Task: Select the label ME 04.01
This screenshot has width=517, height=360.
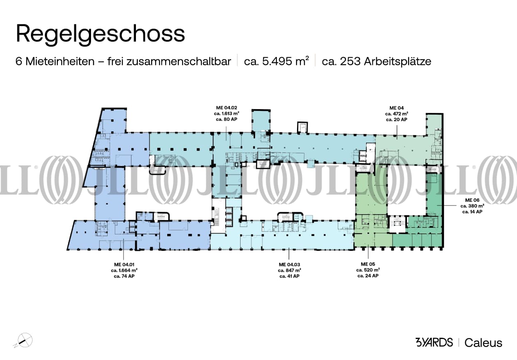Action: click(124, 264)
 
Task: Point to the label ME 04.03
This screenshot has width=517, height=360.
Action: click(289, 264)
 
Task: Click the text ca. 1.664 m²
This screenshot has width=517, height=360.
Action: click(124, 270)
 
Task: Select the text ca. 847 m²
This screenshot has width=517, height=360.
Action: click(289, 270)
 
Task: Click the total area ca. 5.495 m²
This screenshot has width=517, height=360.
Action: click(276, 62)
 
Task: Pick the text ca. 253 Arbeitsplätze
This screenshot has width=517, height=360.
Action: click(377, 62)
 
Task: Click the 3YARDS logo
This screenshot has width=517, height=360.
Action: click(434, 342)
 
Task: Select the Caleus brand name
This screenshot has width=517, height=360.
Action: click(483, 343)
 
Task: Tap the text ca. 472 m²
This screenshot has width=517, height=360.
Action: click(397, 114)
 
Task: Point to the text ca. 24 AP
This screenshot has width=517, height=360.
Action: click(368, 276)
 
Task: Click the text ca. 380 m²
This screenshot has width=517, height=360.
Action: click(472, 206)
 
